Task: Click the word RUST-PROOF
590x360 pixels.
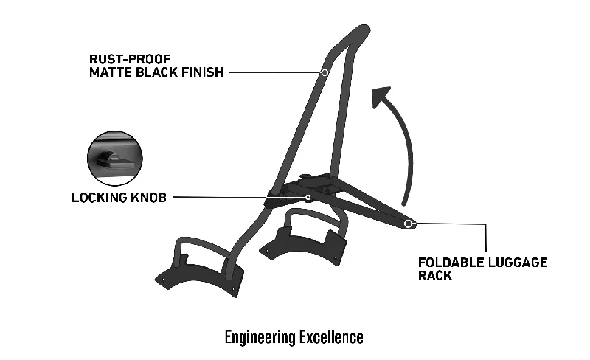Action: point(130,59)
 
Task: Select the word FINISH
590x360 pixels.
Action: point(203,72)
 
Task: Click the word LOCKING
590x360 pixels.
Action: point(100,197)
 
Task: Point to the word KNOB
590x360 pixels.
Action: point(148,197)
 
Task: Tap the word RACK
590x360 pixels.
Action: point(435,276)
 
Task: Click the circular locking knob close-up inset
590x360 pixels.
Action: point(115,159)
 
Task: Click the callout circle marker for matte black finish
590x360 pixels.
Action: point(324,72)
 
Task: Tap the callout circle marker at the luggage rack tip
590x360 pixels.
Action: point(408,224)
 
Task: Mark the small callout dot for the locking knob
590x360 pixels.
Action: point(308,197)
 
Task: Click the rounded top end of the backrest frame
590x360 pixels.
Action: point(364,30)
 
